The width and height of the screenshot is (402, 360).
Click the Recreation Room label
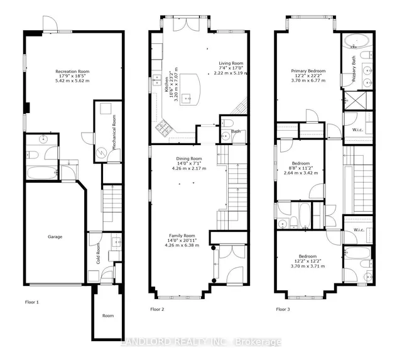(x=72, y=71)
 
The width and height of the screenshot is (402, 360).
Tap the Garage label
(x=55, y=237)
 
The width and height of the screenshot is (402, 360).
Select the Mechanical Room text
(x=114, y=132)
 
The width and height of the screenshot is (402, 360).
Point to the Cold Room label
(x=98, y=253)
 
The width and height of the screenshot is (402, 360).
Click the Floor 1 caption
(x=32, y=302)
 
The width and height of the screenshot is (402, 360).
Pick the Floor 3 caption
(x=283, y=309)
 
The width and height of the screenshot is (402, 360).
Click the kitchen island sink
(x=187, y=98)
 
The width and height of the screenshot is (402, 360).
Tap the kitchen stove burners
(x=164, y=127)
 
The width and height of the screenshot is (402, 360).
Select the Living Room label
(x=231, y=63)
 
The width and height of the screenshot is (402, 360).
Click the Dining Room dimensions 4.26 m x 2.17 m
(x=189, y=168)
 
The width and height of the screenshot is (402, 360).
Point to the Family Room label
(x=182, y=236)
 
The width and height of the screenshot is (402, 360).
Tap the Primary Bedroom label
(x=308, y=71)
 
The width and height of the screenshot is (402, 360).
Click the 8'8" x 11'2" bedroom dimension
(x=301, y=168)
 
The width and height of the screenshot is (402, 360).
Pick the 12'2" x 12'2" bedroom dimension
(x=308, y=261)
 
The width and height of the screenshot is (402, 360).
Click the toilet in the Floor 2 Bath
(x=227, y=123)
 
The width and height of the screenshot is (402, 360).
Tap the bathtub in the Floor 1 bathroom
(x=42, y=173)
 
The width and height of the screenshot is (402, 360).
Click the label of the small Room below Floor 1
(x=108, y=315)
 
